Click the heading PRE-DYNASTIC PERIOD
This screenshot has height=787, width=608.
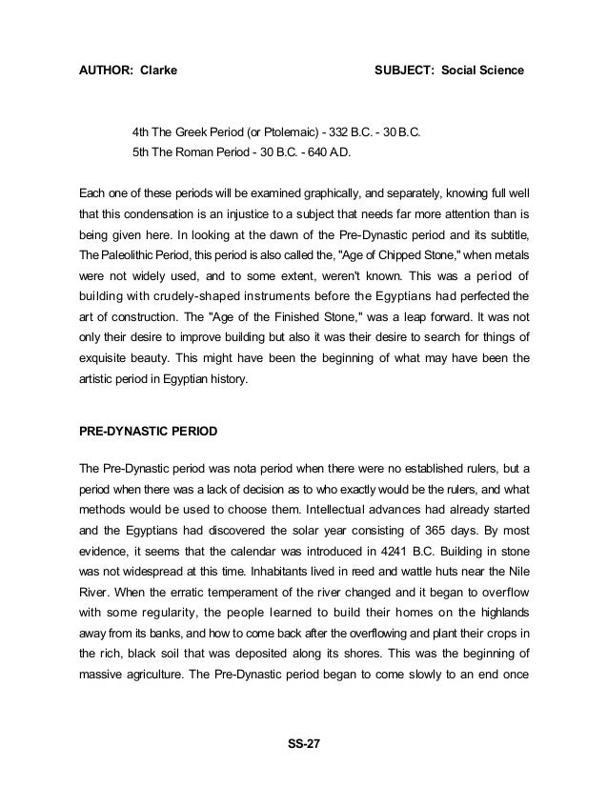pyautogui.click(x=148, y=432)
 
